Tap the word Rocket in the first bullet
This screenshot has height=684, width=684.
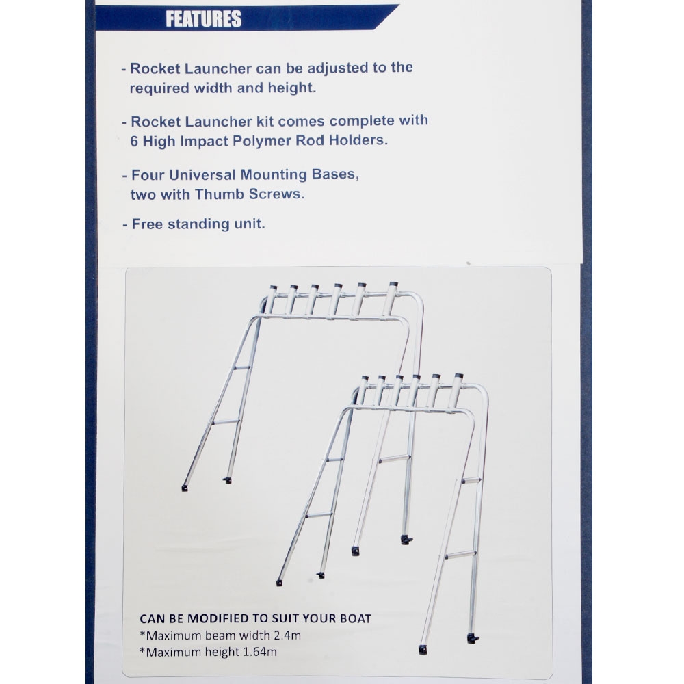pyautogui.click(x=152, y=68)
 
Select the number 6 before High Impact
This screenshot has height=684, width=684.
pyautogui.click(x=134, y=141)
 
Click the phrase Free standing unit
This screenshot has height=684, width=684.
pyautogui.click(x=198, y=224)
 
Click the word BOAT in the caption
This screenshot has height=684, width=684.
pyautogui.click(x=355, y=618)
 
